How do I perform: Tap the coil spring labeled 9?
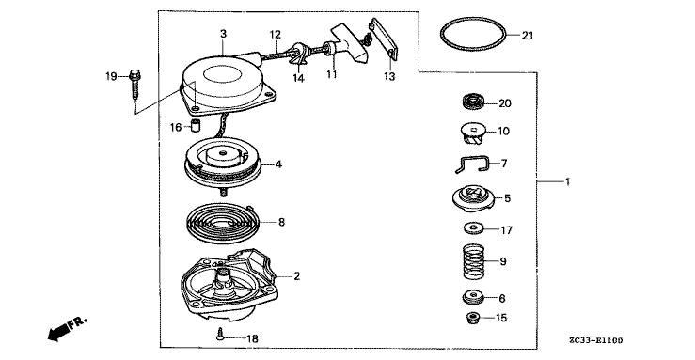[474, 262]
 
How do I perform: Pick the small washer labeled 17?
[475, 229]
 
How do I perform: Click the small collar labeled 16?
[195, 125]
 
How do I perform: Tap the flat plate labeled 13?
[384, 39]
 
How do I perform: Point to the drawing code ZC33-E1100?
[595, 340]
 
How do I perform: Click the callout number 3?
[224, 33]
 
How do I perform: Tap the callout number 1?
[567, 181]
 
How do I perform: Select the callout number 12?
[276, 34]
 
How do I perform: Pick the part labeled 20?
[473, 102]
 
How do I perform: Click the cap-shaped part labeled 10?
[472, 133]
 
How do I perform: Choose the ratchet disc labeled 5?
[473, 199]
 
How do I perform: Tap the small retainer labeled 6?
[473, 297]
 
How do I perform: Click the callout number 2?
[296, 276]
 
